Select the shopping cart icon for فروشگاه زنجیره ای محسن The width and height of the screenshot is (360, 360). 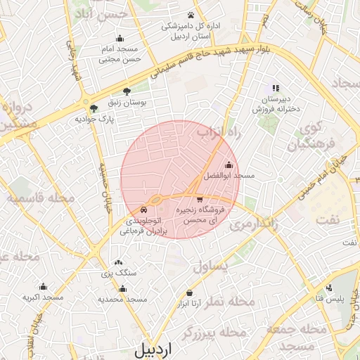201,199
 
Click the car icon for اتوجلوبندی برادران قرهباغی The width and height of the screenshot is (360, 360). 144,209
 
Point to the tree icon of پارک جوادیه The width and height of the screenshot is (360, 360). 94,108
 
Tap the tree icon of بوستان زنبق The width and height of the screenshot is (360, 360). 127,91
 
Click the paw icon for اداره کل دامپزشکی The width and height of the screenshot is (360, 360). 191,15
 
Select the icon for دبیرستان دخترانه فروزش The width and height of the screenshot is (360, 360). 276,88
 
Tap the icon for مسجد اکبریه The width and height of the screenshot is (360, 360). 43,287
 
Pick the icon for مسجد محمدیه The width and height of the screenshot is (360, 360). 123,288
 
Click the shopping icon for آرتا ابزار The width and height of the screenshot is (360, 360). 189,292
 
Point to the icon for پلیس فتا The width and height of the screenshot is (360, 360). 329,287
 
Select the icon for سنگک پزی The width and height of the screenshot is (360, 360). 118,262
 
